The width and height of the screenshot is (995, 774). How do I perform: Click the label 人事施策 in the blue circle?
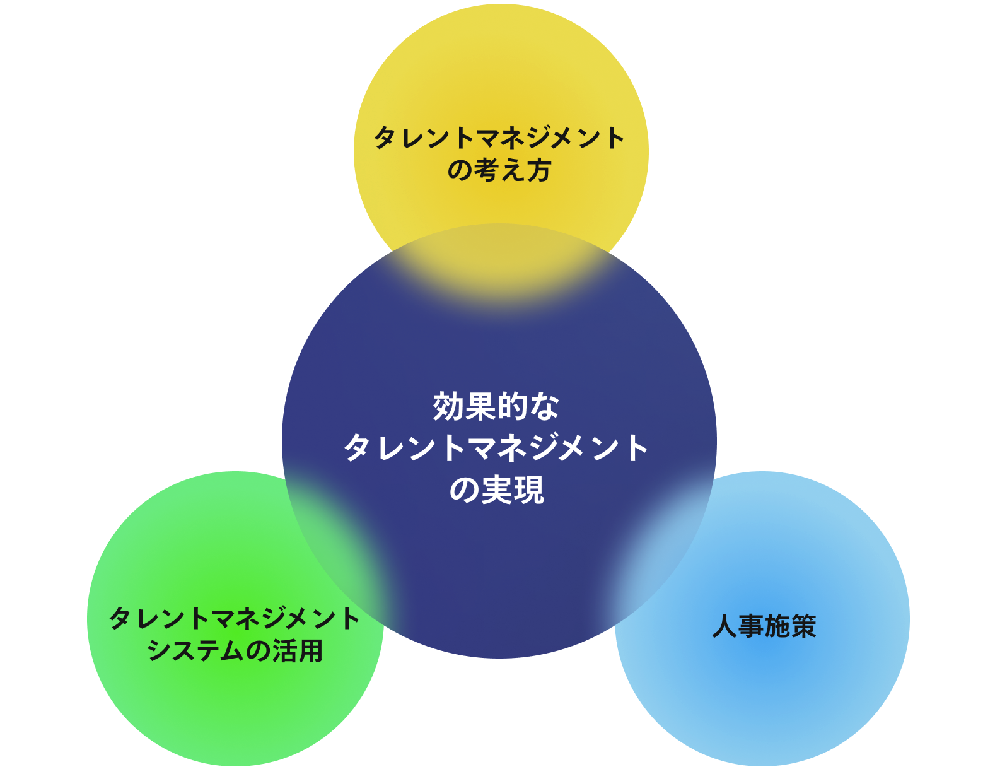[x=764, y=626]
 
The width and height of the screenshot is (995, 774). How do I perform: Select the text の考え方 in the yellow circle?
[x=499, y=170]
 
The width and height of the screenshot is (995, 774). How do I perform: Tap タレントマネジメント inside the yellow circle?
[x=499, y=138]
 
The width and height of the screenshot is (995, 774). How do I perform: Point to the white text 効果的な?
[x=496, y=407]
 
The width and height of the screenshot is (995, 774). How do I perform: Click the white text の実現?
[x=496, y=490]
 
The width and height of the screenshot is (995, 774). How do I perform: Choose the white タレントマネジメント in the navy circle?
[x=496, y=448]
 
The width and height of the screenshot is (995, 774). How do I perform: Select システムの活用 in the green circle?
[x=235, y=650]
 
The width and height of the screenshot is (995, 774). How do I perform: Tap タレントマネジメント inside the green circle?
[x=235, y=618]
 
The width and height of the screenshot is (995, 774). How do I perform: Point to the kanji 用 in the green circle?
[x=310, y=650]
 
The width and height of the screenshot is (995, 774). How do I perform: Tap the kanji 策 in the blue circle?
[x=803, y=626]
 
